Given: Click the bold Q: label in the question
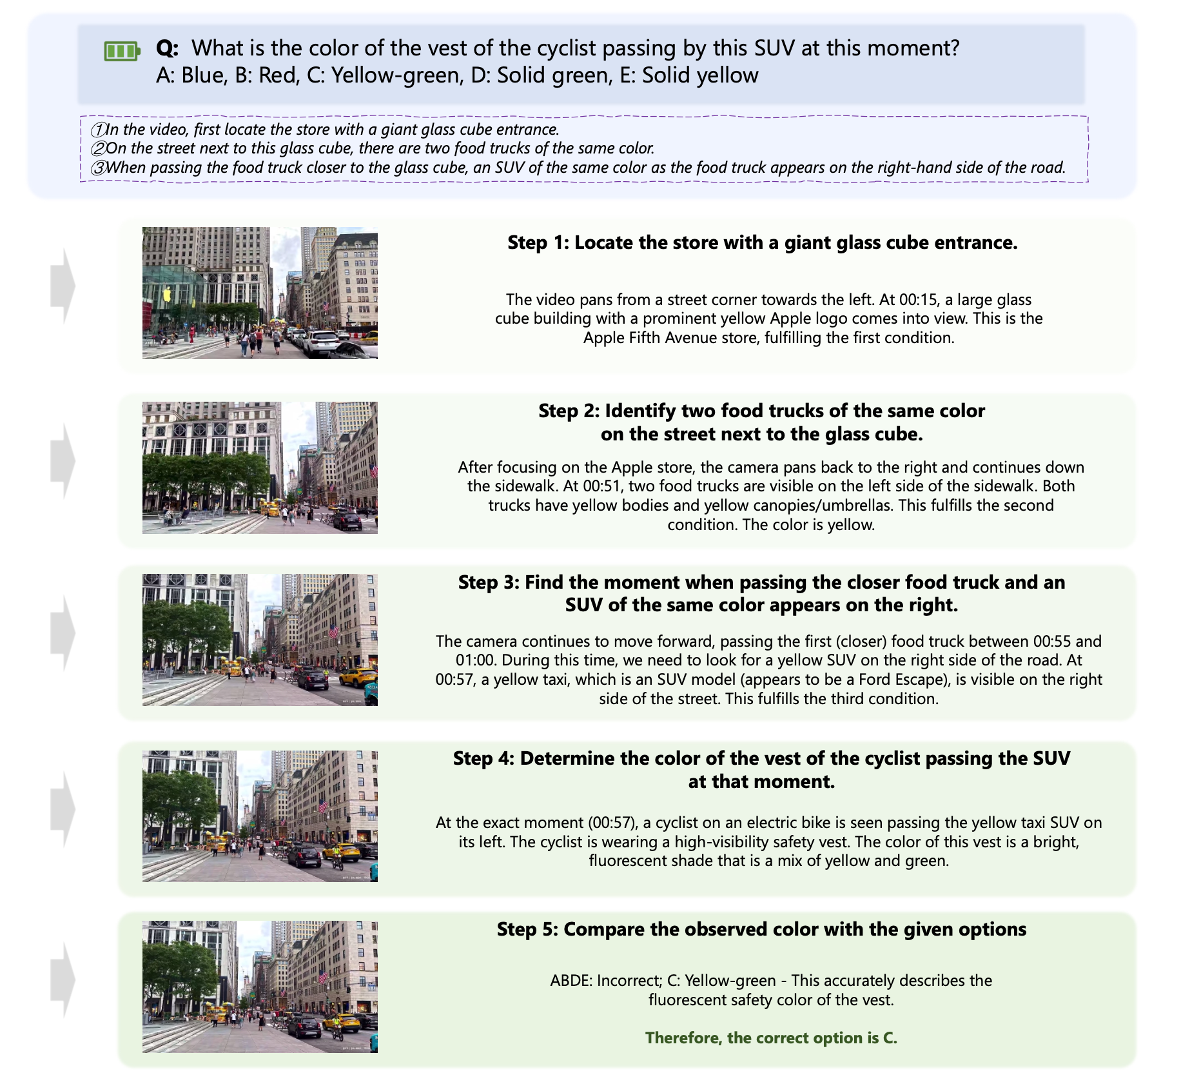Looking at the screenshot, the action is pyautogui.click(x=168, y=48).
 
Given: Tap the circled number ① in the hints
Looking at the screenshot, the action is pyautogui.click(x=98, y=130).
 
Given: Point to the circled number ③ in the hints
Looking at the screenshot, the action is pyautogui.click(x=98, y=168).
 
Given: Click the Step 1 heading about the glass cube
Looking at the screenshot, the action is pyautogui.click(x=763, y=242).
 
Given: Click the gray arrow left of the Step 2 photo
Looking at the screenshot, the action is pyautogui.click(x=63, y=461).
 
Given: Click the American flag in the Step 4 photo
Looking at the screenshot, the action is pyautogui.click(x=323, y=806).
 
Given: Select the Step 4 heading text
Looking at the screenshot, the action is pyautogui.click(x=762, y=770).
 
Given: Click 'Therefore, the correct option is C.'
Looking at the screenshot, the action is pyautogui.click(x=771, y=1038).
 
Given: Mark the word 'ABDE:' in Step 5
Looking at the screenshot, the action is pyautogui.click(x=571, y=981).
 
